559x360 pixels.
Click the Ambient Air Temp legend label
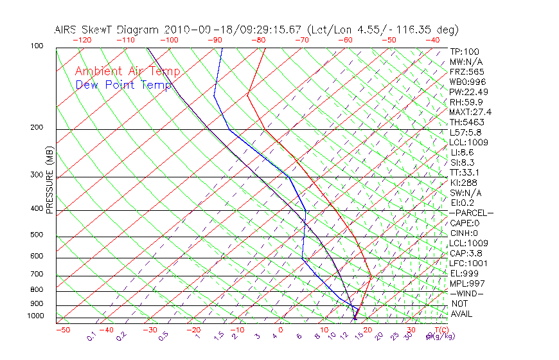128,71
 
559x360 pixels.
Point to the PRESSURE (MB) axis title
50,181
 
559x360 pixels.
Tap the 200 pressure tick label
37,127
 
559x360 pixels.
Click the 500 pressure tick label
37,235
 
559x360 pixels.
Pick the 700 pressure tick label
37,274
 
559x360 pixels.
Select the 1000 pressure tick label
35,316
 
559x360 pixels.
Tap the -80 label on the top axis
258,40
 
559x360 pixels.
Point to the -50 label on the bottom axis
62,330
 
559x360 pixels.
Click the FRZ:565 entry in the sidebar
467,72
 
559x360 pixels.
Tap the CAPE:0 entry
465,223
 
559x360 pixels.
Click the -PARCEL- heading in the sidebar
471,213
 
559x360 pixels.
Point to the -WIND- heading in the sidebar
466,293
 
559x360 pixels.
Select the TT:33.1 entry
465,172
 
